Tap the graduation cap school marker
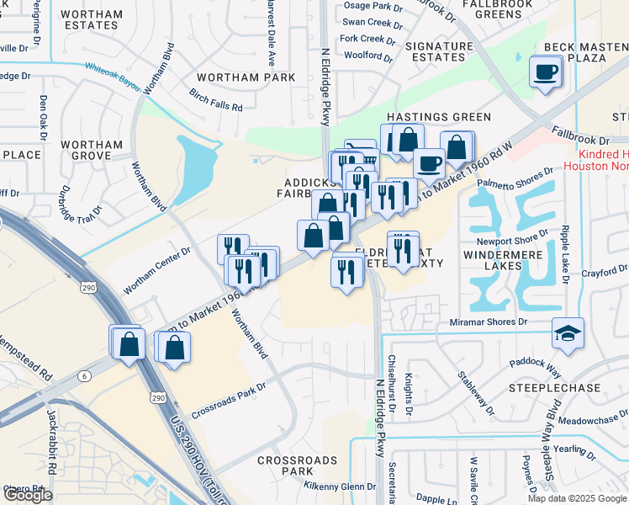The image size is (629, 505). tap(568, 332)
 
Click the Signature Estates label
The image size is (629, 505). tap(440, 51)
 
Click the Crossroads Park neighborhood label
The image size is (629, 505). tap(297, 466)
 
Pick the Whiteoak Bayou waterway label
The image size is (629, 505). tap(113, 71)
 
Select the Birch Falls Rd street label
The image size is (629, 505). tap(215, 101)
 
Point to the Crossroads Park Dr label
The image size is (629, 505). tap(228, 401)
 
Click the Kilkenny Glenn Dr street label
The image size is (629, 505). tap(341, 486)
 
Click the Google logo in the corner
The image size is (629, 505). tap(28, 494)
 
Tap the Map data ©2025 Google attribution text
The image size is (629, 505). tap(577, 498)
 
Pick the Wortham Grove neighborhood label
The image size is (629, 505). tap(92, 150)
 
